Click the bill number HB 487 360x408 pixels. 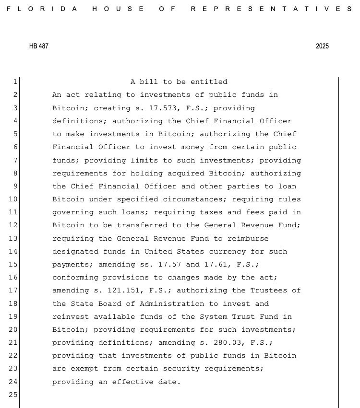[38, 47]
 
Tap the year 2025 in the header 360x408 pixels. [322, 47]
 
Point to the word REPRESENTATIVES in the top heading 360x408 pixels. [271, 9]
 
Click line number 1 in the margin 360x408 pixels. [15, 82]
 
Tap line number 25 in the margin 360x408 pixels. [13, 395]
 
